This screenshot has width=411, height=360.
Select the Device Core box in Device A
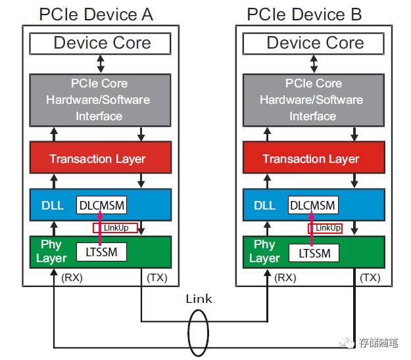pos(101,43)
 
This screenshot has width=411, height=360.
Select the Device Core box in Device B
pos(314,43)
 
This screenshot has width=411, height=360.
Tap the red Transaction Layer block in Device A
pos(97,158)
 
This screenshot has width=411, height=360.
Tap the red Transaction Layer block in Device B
pos(311,158)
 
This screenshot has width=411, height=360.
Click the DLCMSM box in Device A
pos(102,205)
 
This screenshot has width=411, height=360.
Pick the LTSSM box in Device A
pos(101,252)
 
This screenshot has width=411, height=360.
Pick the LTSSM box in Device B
pos(314,252)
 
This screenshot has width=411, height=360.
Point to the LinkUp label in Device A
pos(115,228)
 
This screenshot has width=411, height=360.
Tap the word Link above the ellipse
pos(199,299)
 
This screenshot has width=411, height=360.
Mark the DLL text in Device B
pos(264,206)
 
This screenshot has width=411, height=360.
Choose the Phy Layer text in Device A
pos(51,251)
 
